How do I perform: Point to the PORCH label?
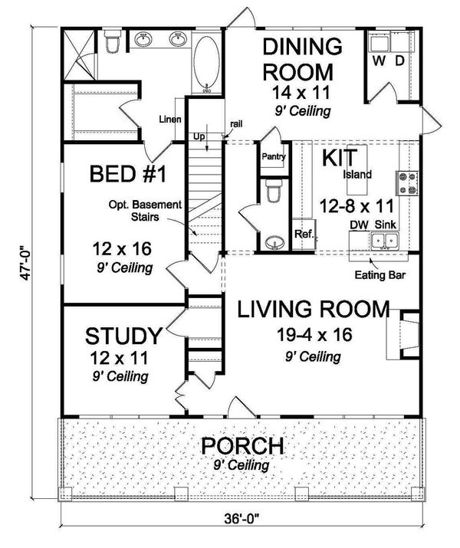(x=242, y=445)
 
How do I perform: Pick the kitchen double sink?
(x=385, y=241)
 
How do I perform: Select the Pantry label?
(x=272, y=157)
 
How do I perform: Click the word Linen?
(x=169, y=120)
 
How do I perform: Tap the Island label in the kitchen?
(x=356, y=175)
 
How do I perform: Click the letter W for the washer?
(x=378, y=60)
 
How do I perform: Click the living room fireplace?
(x=407, y=334)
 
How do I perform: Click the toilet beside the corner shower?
(x=112, y=44)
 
